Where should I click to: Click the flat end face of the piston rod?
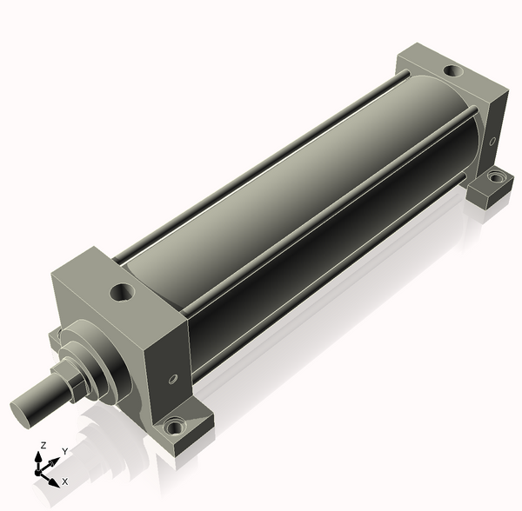coord(21,414)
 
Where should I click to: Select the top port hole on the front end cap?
coord(122,292)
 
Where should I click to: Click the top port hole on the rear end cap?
coord(453,70)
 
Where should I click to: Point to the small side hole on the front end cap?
coord(173,379)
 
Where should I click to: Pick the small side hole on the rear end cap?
coord(492,141)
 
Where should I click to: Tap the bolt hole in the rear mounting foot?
coord(496,177)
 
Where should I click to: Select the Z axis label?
coord(43,446)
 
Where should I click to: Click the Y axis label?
coord(65,451)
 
